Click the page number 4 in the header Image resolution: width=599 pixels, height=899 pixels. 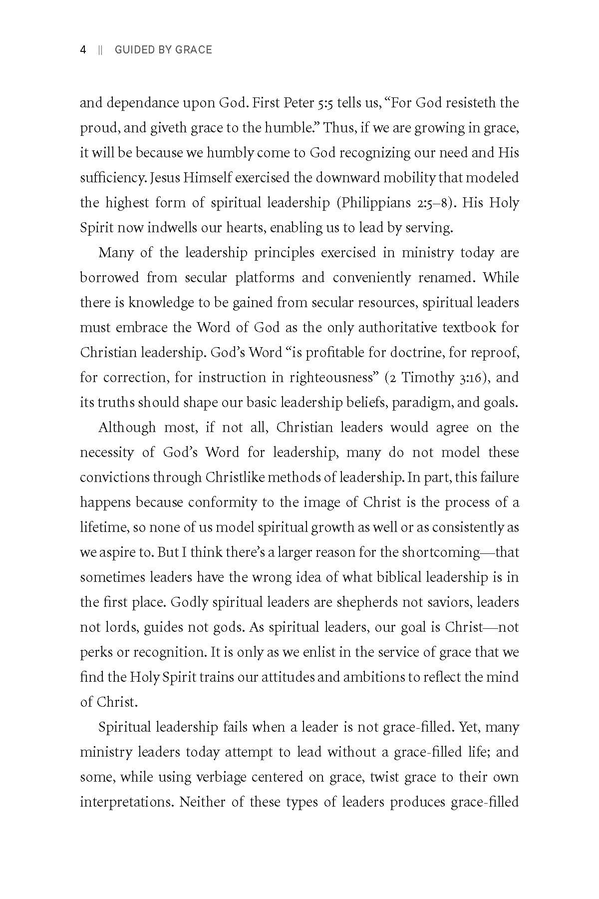coord(83,49)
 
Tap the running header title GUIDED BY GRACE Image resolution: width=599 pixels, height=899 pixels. coord(163,49)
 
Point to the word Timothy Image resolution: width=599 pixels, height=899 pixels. coord(427,378)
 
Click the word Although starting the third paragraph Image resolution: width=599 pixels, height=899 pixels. coord(127,428)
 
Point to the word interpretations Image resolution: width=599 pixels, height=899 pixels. coord(126,803)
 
